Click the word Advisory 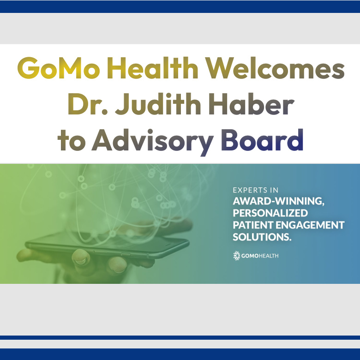(x=153, y=140)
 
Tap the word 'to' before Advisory (x=71, y=140)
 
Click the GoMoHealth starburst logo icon (x=237, y=256)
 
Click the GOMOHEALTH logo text (x=260, y=256)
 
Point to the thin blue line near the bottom (x=180, y=337)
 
